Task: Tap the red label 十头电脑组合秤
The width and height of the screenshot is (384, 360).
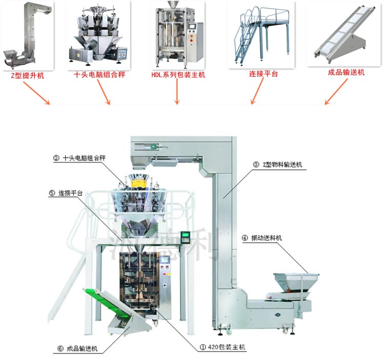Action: pos(99,74)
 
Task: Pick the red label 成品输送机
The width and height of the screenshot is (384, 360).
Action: pos(346,73)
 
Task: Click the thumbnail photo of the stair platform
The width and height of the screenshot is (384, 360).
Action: pos(261,34)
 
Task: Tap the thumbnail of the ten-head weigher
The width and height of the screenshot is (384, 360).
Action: pos(98,34)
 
